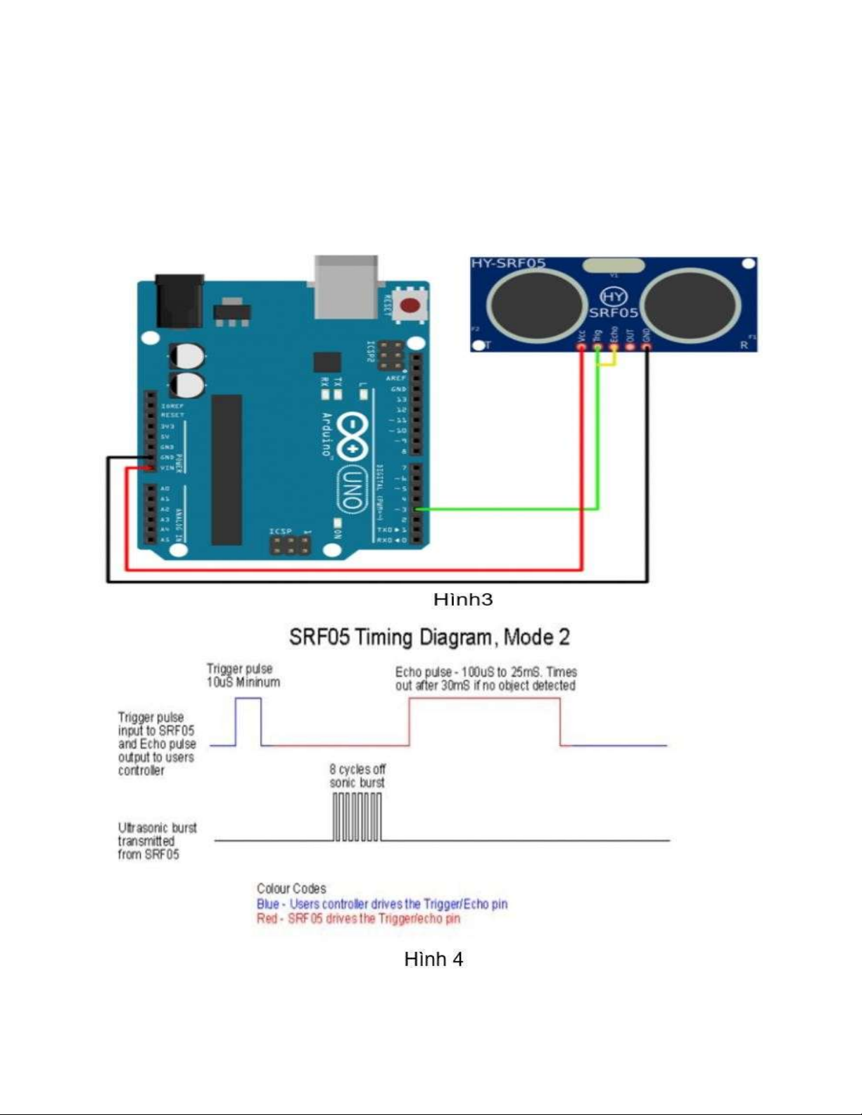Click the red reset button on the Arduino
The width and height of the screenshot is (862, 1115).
pos(410,305)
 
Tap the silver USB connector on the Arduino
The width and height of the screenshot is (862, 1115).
pos(346,285)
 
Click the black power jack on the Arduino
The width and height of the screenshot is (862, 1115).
pos(179,300)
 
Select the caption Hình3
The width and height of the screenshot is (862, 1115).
pos(462,599)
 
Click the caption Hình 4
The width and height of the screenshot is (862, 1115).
pos(433,959)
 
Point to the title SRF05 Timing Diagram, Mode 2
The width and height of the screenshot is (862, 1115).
pos(429,637)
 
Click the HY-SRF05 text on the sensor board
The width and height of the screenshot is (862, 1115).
pos(508,263)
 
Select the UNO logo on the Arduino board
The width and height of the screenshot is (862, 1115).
pos(351,489)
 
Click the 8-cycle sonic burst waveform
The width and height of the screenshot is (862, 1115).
pos(357,817)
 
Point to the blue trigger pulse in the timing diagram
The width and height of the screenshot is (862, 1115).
pos(248,721)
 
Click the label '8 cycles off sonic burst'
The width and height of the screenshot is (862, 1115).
pos(357,776)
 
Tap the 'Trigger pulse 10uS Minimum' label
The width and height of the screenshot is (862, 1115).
pos(243,675)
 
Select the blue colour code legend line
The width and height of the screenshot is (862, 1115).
pos(382,904)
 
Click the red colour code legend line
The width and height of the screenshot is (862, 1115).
pos(358,919)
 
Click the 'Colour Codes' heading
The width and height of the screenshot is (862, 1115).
pos(291,888)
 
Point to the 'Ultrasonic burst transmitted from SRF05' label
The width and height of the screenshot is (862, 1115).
pos(156,841)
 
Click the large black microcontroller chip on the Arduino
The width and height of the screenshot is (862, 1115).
pos(227,469)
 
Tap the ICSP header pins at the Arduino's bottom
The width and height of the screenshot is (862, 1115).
pos(291,544)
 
